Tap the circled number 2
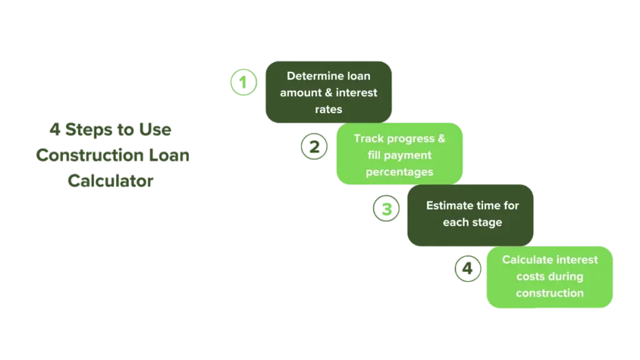pos(314,147)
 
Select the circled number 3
pos(386,209)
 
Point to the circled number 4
pos(467,270)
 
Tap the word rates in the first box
pos(329,109)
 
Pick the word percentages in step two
pos(399,172)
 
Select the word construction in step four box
pos(550,293)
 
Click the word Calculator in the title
pos(111,181)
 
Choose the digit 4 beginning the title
pos(55,130)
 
